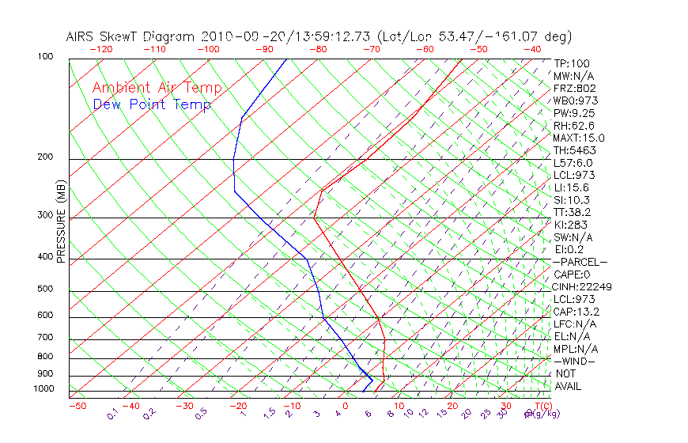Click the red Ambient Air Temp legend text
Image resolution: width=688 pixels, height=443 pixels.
(x=157, y=88)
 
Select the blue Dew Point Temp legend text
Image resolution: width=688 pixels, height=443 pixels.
(x=152, y=104)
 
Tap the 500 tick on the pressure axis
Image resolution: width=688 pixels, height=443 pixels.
(x=44, y=290)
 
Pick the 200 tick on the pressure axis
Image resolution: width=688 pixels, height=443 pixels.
(x=44, y=157)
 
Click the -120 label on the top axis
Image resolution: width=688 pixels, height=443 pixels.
(x=100, y=49)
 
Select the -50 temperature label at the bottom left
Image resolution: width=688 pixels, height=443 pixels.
(x=77, y=406)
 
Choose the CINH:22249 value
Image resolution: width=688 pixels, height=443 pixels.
(x=582, y=286)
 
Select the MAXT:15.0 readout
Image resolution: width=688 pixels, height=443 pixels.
(x=579, y=138)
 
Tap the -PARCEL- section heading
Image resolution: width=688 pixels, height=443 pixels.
(x=580, y=262)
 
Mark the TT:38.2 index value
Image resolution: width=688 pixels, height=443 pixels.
(x=573, y=212)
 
